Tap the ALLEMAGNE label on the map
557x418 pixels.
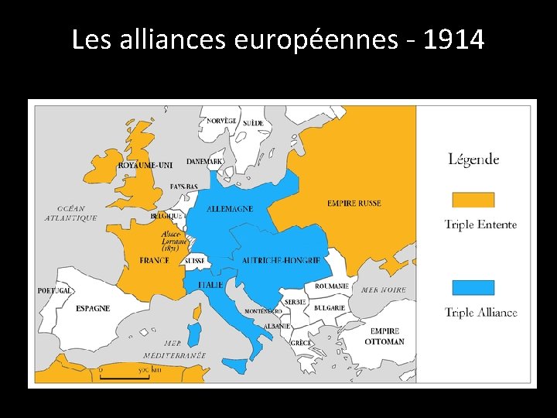pos(230,209)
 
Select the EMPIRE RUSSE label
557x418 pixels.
pos(354,204)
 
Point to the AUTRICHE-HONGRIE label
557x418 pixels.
pos(281,261)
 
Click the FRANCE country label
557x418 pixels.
pos(155,261)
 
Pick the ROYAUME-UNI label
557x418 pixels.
pos(145,165)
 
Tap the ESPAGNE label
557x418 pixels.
pos(93,308)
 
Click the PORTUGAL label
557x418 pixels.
pos(55,291)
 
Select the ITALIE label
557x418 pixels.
pos(210,285)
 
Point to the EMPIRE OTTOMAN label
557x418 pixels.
pos(384,337)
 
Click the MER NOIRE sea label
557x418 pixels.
pos(383,290)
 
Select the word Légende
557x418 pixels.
pos(473,160)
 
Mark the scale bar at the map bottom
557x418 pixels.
pos(123,375)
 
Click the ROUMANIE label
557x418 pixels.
pos(332,286)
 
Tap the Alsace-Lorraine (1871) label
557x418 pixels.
pos(171,241)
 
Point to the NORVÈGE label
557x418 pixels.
pos(221,122)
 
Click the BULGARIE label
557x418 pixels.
pos(330,308)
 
